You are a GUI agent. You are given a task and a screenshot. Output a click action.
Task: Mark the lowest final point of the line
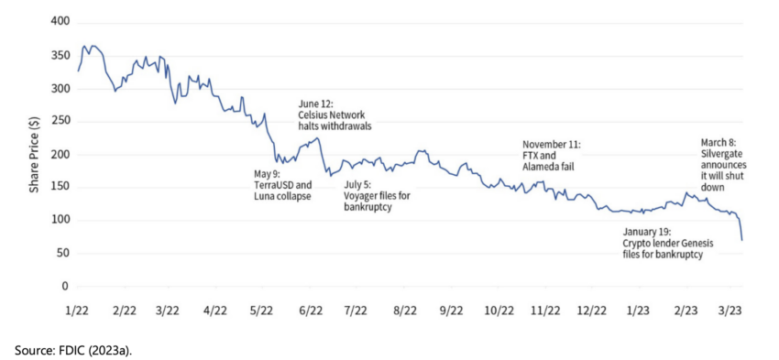(742, 240)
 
